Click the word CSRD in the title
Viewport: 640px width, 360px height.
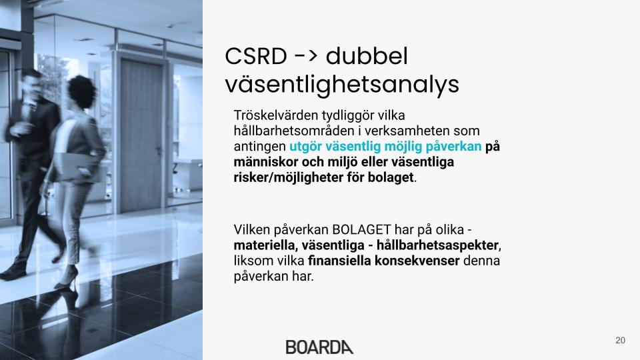click(x=256, y=56)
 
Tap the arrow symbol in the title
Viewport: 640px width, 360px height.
click(x=306, y=55)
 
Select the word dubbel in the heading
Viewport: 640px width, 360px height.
click(x=367, y=55)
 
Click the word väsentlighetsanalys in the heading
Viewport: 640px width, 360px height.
click(x=342, y=85)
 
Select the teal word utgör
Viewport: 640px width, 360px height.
click(x=306, y=147)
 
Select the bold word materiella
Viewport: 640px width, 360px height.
click(x=265, y=245)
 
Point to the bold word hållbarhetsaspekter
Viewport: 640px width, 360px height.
click(x=437, y=245)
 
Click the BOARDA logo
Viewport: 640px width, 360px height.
click(x=319, y=347)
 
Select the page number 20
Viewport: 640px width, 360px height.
click(x=620, y=341)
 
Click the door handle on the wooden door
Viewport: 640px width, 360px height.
click(x=159, y=150)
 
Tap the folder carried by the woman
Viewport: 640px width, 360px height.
click(x=79, y=167)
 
